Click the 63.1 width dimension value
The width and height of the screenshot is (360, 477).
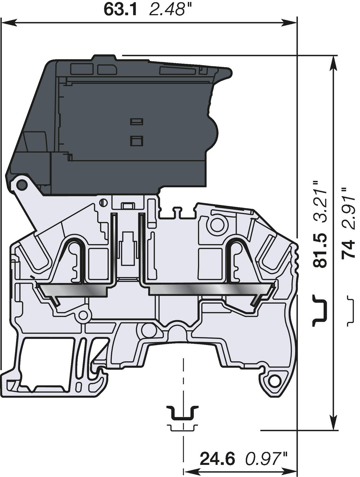(120, 10)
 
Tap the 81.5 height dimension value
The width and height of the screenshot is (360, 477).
(320, 251)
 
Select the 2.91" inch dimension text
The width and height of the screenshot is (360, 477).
(348, 208)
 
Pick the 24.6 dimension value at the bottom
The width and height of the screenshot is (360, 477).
(217, 459)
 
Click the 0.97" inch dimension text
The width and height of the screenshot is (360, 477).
(266, 459)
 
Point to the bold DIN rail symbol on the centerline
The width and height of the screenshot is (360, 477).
(183, 413)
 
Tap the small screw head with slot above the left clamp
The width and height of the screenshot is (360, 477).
(102, 202)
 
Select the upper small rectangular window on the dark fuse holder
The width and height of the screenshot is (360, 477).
(137, 121)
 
